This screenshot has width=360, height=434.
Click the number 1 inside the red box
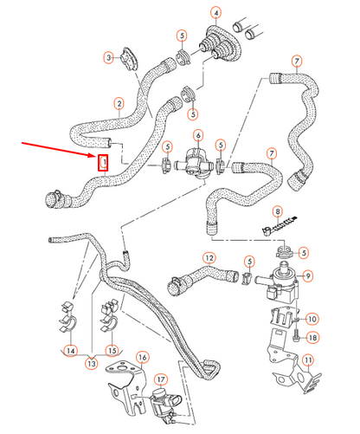click(x=104, y=162)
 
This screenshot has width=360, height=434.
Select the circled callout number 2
click(x=119, y=105)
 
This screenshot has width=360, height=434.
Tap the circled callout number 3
click(x=108, y=58)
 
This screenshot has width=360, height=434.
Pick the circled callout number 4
click(x=215, y=13)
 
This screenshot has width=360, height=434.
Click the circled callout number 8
click(x=278, y=211)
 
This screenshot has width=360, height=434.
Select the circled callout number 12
click(x=209, y=258)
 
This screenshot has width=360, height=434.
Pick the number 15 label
click(x=111, y=351)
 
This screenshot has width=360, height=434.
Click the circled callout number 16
click(x=143, y=357)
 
